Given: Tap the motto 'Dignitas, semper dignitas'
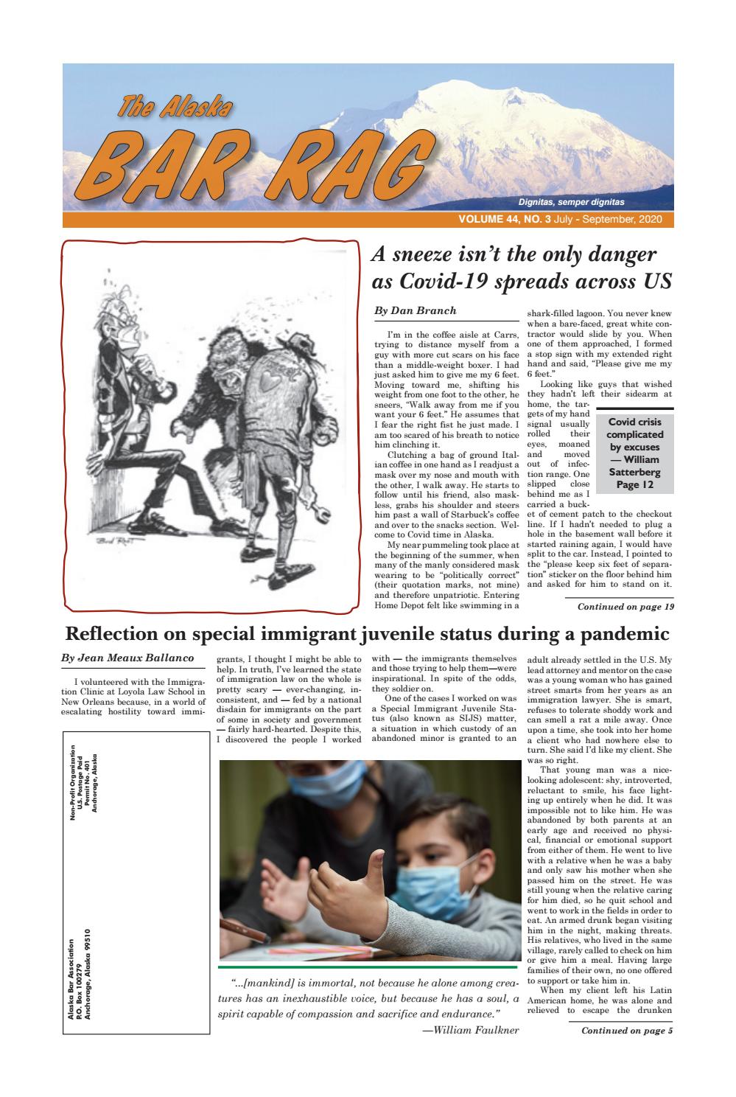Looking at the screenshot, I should pyautogui.click(x=571, y=202).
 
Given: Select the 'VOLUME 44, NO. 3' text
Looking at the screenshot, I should pyautogui.click(x=505, y=220).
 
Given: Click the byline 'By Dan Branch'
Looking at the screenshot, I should pyautogui.click(x=416, y=311).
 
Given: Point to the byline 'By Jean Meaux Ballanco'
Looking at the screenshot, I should pyautogui.click(x=127, y=657).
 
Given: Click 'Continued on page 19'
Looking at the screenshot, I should pyautogui.click(x=625, y=607).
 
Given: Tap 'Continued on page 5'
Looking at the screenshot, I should pyautogui.click(x=627, y=1030).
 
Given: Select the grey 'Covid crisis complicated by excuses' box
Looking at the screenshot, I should pyautogui.click(x=634, y=453).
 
